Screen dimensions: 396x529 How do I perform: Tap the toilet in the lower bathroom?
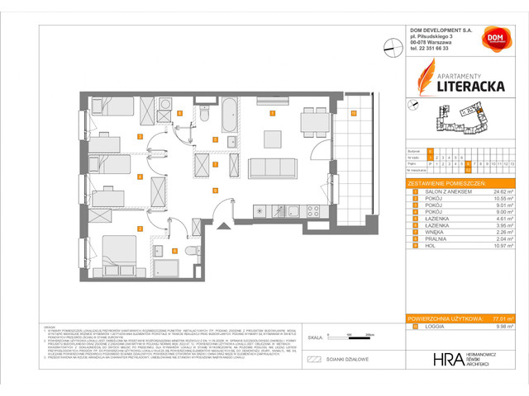[191, 248]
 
